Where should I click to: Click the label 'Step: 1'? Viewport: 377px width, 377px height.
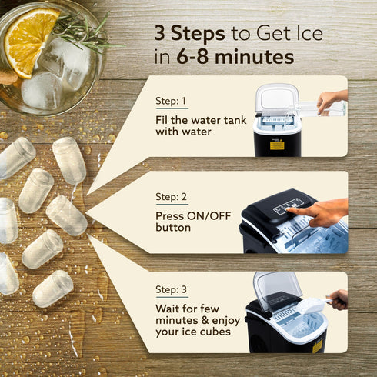[x=172, y=101]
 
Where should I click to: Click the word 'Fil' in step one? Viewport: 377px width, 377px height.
[x=163, y=119]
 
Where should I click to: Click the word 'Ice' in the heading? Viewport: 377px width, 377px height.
[x=305, y=34]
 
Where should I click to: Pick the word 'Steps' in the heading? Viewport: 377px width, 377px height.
[x=199, y=34]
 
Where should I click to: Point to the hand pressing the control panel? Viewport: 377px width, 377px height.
[x=323, y=212]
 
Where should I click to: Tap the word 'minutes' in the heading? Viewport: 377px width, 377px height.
[x=252, y=57]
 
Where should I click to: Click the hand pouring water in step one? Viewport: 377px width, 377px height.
[x=332, y=99]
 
